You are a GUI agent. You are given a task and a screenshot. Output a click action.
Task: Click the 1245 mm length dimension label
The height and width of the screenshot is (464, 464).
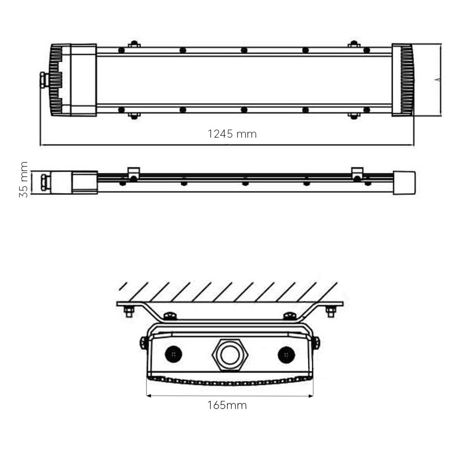(x=232, y=134)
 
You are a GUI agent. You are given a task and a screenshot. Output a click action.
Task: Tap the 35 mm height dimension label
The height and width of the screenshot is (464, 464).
(x=23, y=180)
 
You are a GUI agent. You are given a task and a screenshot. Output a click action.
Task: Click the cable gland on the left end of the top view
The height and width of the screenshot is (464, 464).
(x=43, y=80)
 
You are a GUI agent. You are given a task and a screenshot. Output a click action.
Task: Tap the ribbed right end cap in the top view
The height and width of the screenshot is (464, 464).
(x=403, y=80)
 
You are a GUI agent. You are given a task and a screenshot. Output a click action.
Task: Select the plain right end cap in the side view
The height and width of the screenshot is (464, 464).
(x=404, y=183)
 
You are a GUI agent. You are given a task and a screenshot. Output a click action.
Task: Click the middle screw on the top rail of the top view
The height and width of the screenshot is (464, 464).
(x=244, y=50)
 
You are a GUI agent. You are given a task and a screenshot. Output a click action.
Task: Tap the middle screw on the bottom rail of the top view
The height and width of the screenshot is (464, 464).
(x=244, y=110)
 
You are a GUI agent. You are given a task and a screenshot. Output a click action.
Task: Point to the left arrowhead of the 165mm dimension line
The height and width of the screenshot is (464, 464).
(x=149, y=396)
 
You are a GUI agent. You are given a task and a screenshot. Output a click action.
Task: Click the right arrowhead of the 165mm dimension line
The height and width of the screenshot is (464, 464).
(x=311, y=396)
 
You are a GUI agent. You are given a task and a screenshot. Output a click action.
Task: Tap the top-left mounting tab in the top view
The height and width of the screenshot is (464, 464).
(x=134, y=44)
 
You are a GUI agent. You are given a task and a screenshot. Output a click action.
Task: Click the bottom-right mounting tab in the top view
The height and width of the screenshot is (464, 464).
(x=354, y=116)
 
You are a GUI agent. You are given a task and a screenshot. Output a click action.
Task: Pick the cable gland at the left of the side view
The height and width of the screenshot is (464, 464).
(x=44, y=183)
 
